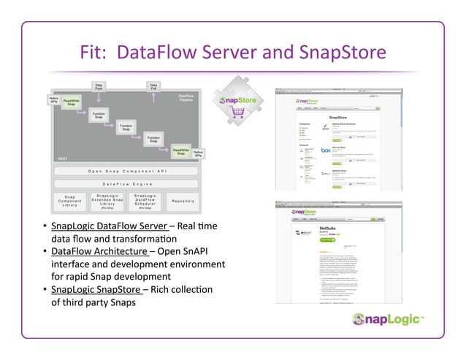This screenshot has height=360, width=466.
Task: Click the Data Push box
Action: pos(99,87)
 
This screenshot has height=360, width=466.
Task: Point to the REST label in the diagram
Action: pos(63,158)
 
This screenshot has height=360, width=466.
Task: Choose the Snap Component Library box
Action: pos(69,201)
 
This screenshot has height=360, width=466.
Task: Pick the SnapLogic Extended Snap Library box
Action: pos(107,201)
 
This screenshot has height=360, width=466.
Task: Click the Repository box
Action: pos(183,201)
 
